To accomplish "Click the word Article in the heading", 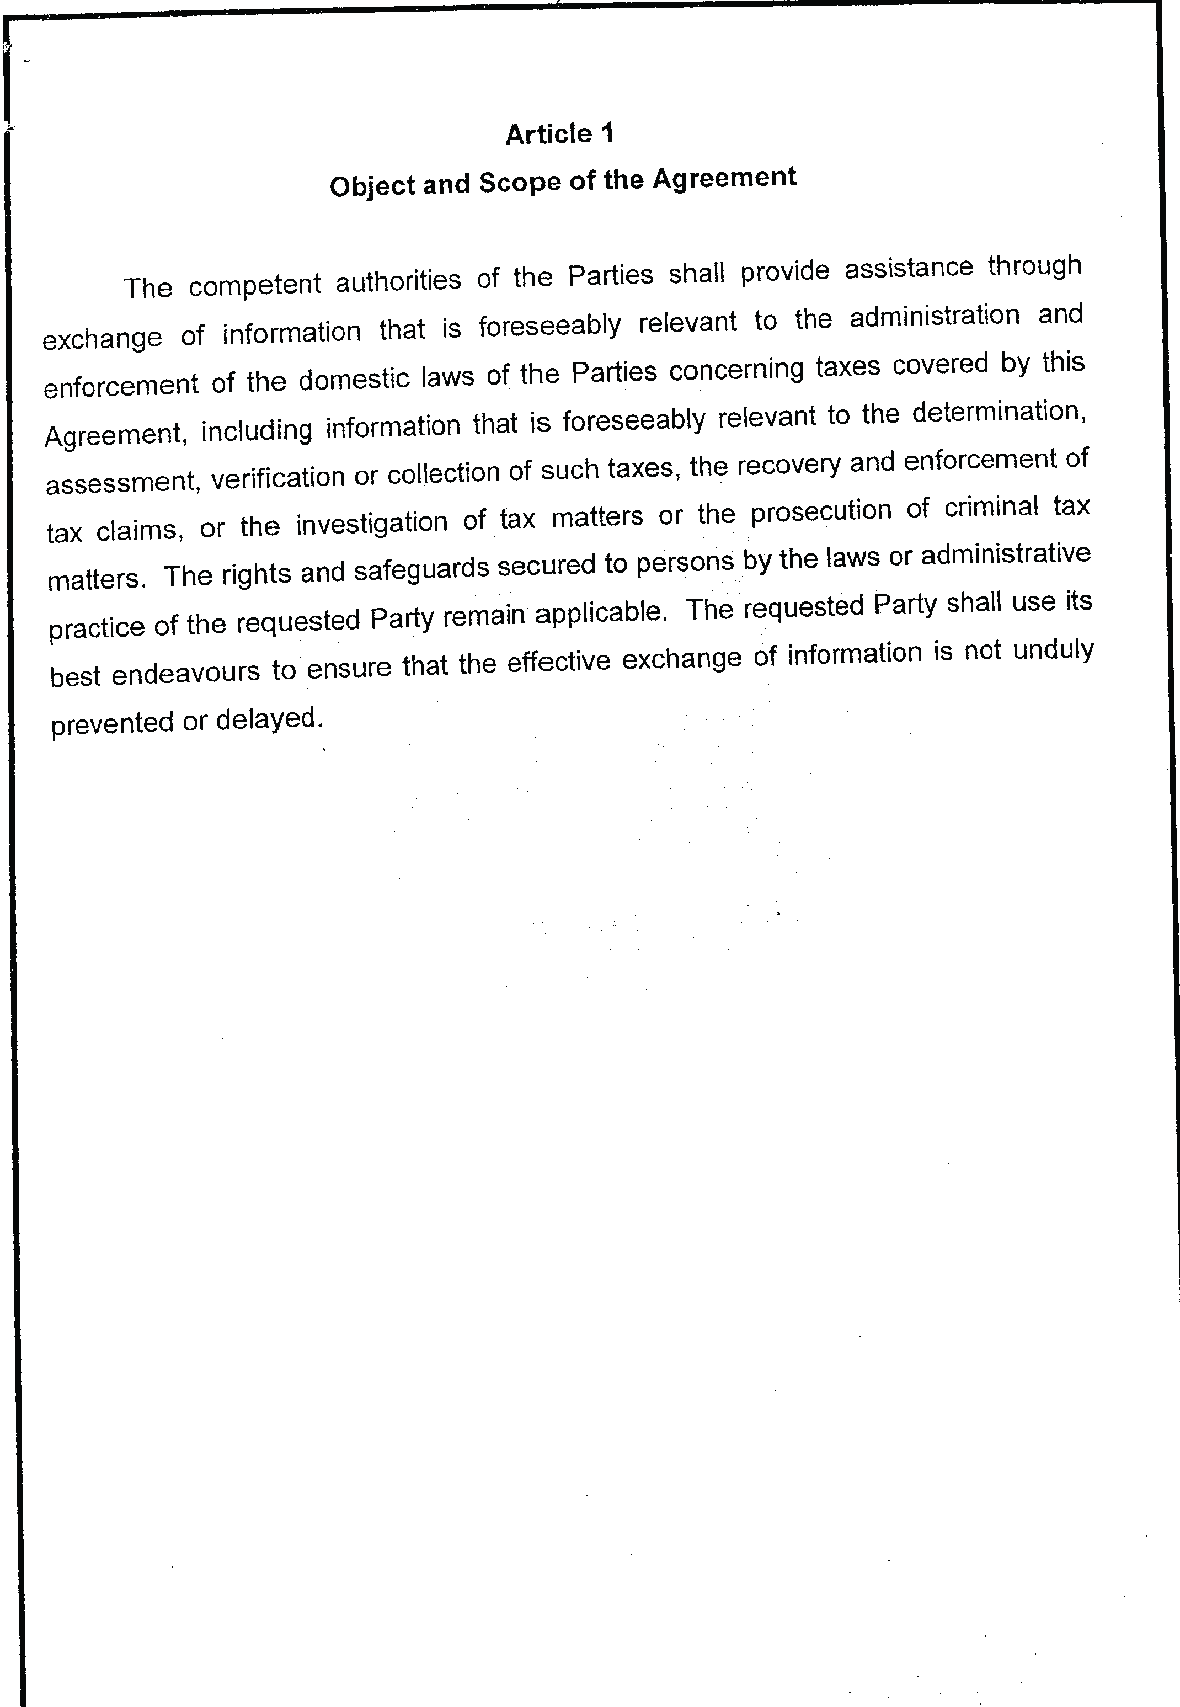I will coord(548,135).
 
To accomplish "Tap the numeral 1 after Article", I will coord(607,133).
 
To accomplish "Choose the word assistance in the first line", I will coord(909,268).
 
